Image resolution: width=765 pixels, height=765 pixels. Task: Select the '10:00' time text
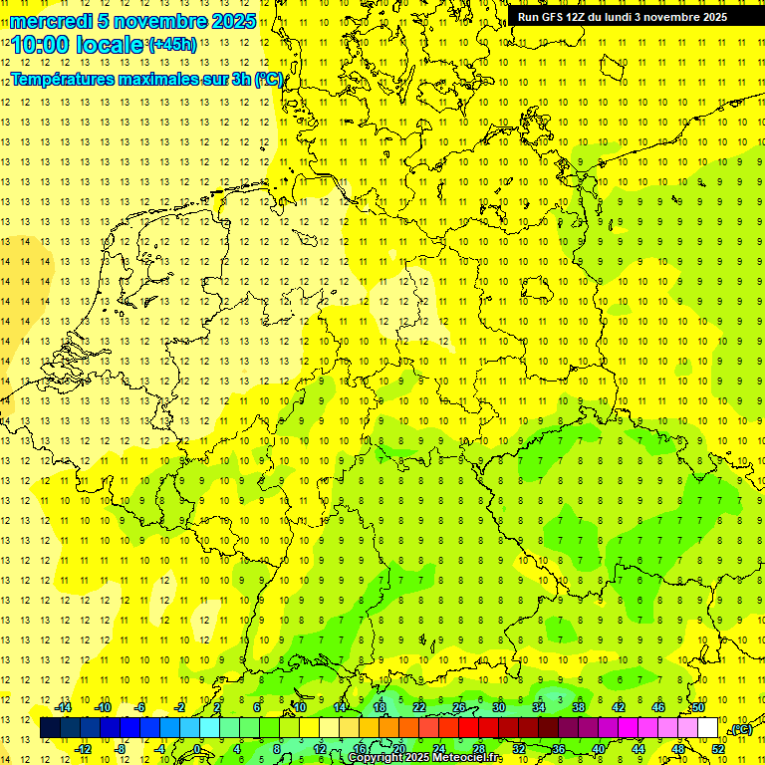(x=45, y=45)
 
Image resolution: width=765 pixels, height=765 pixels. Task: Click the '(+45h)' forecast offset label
(x=172, y=44)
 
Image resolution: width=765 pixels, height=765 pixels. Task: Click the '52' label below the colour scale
(x=718, y=749)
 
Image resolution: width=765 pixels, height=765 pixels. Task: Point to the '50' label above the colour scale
(x=698, y=707)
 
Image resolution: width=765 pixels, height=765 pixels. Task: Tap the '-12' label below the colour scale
(x=83, y=749)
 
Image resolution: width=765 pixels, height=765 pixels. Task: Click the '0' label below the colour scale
(x=197, y=749)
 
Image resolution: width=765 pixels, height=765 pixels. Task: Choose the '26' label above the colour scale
(x=459, y=707)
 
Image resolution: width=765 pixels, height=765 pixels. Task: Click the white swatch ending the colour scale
(x=707, y=728)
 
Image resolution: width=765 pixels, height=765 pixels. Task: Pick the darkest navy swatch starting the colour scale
(x=50, y=728)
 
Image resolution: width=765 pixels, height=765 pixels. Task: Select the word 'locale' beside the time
(x=114, y=45)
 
